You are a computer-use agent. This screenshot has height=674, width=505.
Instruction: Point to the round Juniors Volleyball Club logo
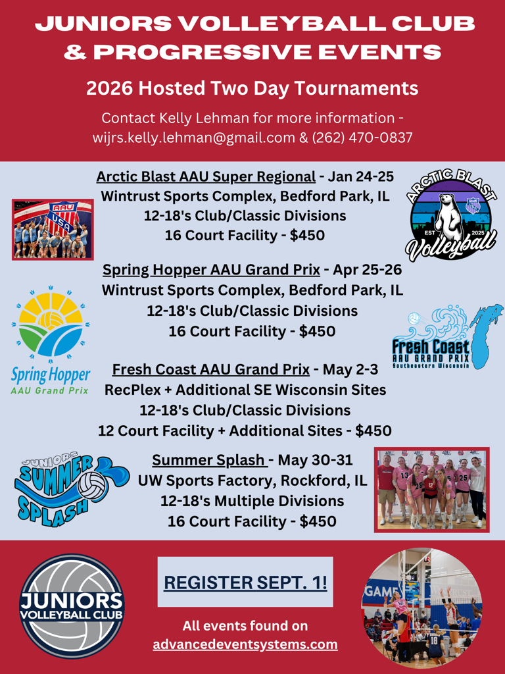point(72,606)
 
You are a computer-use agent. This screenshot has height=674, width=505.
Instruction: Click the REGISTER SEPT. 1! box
point(245,582)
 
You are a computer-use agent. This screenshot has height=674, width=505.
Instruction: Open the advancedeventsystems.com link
point(245,645)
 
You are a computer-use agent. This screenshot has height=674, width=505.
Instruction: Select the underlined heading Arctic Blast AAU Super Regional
point(206,176)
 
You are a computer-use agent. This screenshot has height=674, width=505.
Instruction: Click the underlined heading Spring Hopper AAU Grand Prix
point(211,270)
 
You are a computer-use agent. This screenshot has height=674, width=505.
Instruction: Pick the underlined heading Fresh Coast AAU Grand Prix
point(211,369)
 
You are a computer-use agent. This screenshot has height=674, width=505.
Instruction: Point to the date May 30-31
point(315,459)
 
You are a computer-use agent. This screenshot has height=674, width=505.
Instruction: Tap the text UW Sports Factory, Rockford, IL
point(252,480)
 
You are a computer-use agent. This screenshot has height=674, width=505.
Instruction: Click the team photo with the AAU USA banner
point(53,230)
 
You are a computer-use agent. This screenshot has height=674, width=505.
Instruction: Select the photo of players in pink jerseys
point(431,490)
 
